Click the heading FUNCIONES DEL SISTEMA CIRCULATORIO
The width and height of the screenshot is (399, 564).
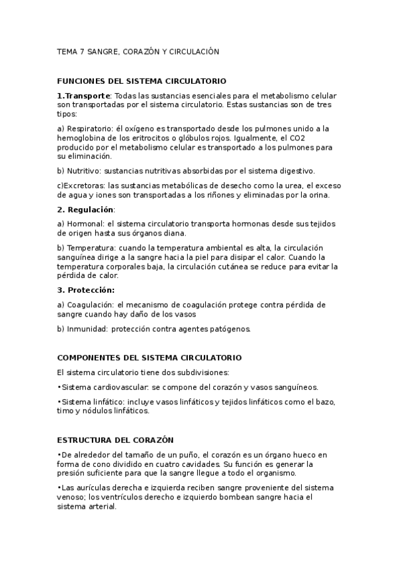(142, 80)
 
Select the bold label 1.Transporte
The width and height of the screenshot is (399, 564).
(83, 96)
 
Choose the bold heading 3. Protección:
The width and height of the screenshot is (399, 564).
(86, 290)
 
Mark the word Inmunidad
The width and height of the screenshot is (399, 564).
(86, 329)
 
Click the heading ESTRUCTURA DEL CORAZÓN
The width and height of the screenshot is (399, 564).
(115, 440)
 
